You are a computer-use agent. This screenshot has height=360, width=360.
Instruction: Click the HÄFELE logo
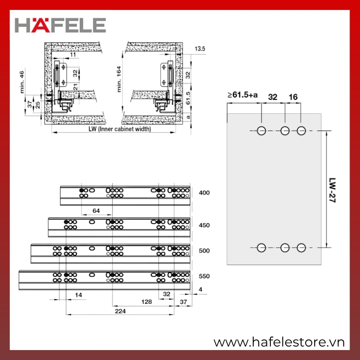pos(60,25)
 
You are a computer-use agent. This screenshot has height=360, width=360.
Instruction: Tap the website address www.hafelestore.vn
pos(279,342)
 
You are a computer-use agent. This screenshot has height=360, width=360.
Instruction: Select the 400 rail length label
pos(204,193)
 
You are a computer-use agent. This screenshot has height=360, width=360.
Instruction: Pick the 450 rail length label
pos(204,225)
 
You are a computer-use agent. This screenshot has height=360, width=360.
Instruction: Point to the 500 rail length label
pos(204,251)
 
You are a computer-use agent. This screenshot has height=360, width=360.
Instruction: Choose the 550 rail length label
pos(204,276)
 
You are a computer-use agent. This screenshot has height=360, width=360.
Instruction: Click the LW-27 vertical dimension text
pos(332,190)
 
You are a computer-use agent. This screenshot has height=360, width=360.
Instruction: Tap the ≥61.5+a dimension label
pos(243,94)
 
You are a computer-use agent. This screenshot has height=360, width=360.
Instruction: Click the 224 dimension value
pos(120,311)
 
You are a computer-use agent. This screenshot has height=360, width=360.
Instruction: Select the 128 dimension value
pos(147,301)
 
